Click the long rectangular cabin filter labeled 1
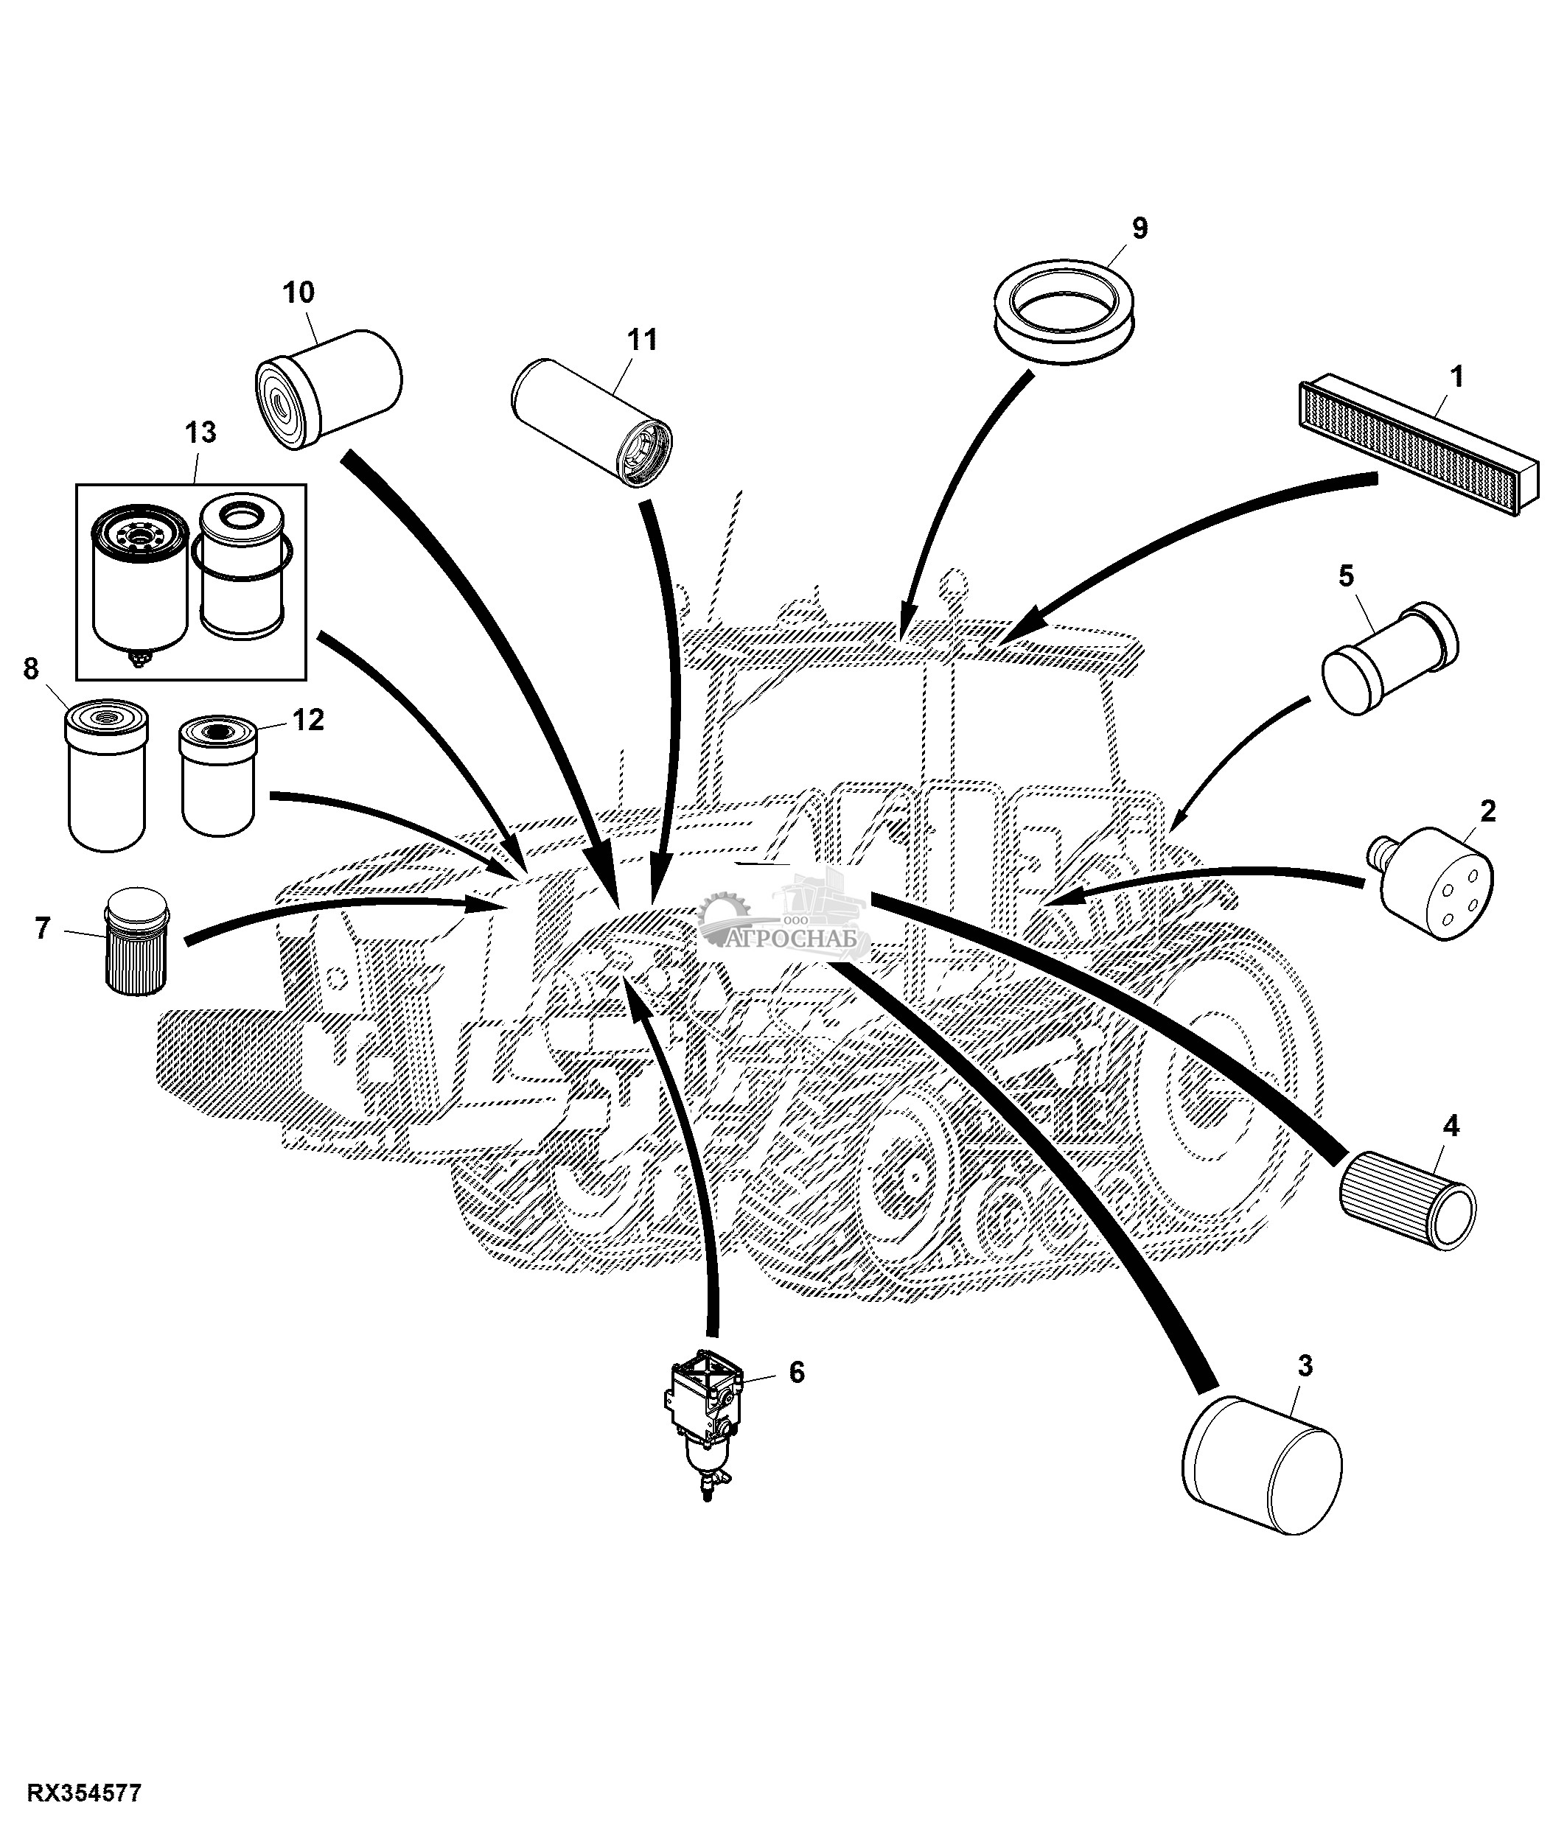(1419, 448)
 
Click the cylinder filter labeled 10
(328, 389)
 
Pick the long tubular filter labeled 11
(592, 421)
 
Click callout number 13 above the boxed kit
(200, 433)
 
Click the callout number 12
(308, 720)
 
